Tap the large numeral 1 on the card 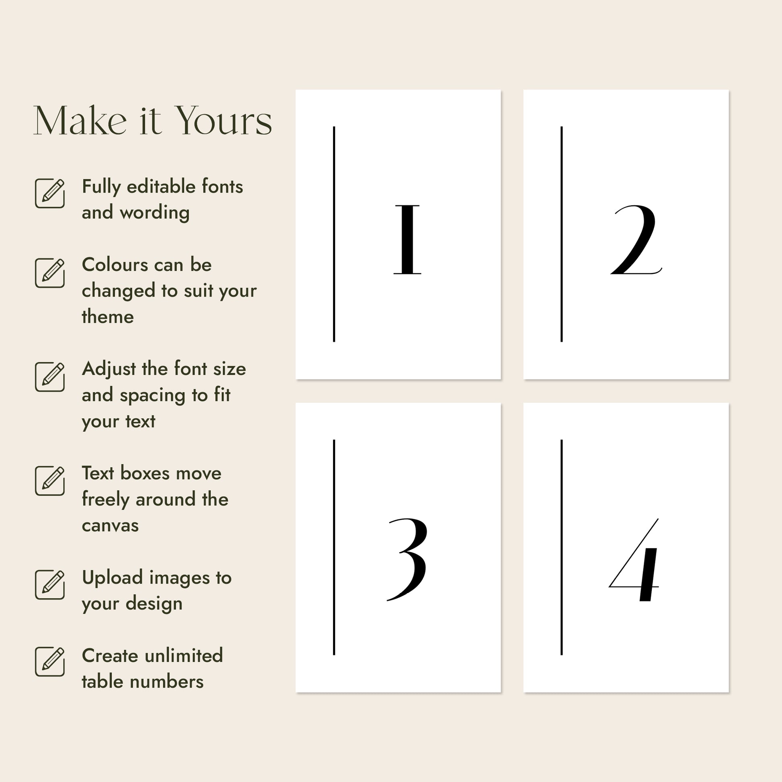407,240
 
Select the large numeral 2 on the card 636,240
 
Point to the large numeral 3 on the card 407,559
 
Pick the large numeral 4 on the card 634,559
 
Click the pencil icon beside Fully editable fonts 50,193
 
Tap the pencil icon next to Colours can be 50,273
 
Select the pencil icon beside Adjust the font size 50,377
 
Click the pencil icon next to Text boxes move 50,481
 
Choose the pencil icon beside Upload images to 50,584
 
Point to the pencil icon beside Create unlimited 50,661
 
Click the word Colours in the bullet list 115,265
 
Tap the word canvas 110,526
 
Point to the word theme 108,317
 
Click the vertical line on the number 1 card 334,234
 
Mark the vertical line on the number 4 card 561,547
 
